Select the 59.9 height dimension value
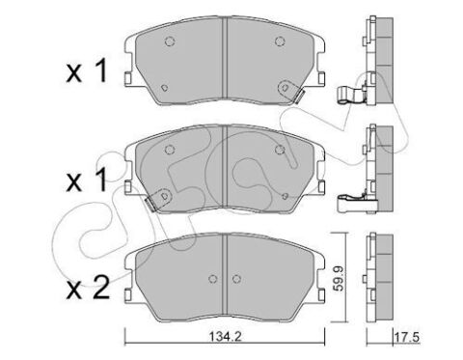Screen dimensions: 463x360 point(339,278)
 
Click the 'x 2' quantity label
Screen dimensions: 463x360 point(88,288)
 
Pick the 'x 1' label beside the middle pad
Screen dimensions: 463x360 point(87,180)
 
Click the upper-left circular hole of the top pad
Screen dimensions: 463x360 point(169,42)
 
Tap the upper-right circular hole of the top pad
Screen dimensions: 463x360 point(280,41)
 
